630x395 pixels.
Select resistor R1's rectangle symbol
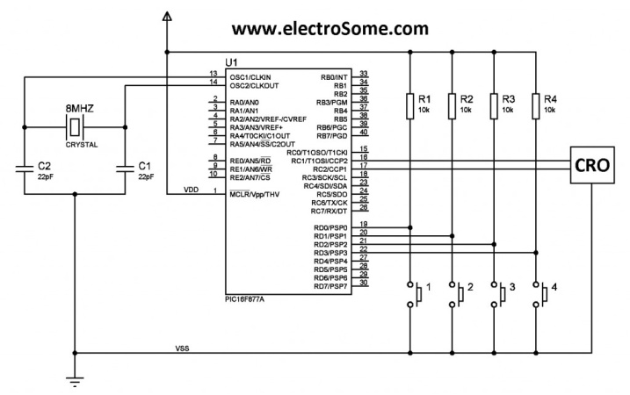409,105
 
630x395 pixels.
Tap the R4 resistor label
550,98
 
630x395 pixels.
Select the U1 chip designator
230,62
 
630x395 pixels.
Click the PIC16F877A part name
250,298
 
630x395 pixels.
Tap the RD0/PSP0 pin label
330,227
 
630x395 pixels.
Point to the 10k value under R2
466,111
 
